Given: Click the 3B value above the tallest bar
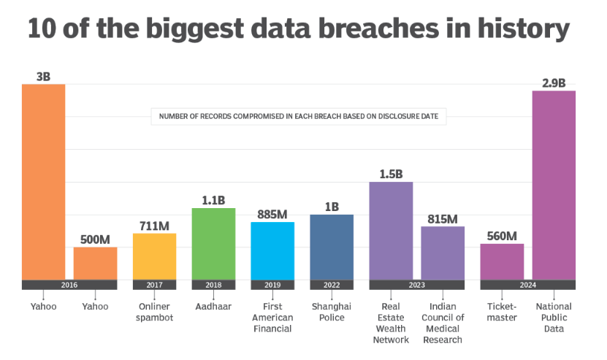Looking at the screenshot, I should pyautogui.click(x=43, y=76).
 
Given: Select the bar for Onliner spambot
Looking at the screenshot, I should pyautogui.click(x=154, y=256).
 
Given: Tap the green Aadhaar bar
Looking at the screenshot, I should pyautogui.click(x=213, y=244).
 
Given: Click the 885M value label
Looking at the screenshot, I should pyautogui.click(x=272, y=214).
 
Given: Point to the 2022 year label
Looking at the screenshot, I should pyautogui.click(x=332, y=285).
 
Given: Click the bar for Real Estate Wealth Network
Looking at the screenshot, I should pyautogui.click(x=391, y=231).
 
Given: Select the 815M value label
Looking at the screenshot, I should pyautogui.click(x=443, y=218).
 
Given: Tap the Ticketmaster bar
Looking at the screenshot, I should pyautogui.click(x=502, y=261).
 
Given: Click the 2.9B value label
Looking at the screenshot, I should pyautogui.click(x=554, y=83).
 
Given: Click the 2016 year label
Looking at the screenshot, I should pyautogui.click(x=69, y=285).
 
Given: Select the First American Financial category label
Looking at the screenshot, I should pyautogui.click(x=272, y=318).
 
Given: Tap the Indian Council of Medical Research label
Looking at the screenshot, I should pyautogui.click(x=443, y=323).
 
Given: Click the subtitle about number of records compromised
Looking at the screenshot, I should pyautogui.click(x=299, y=116).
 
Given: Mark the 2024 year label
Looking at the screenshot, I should pyautogui.click(x=527, y=285).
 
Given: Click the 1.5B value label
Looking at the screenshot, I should pyautogui.click(x=391, y=174).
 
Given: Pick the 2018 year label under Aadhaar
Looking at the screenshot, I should pyautogui.click(x=213, y=285).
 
